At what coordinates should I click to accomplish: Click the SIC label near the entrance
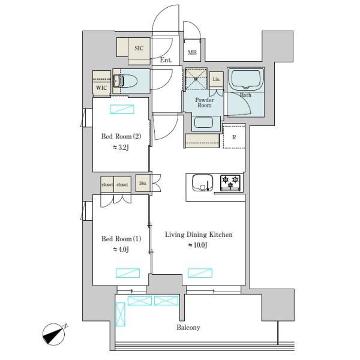point(139,47)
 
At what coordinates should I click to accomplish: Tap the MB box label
point(192,53)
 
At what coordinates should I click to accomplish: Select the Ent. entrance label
point(166,60)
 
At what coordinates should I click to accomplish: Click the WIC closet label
point(101,88)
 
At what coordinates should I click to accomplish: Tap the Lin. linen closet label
point(217,80)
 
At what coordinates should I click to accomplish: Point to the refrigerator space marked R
point(234,137)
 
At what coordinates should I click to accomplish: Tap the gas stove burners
point(230,181)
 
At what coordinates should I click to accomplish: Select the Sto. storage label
point(143,183)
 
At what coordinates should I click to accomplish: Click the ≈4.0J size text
point(120,249)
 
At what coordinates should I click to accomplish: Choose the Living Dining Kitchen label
point(199,235)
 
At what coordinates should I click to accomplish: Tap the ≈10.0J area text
point(199,245)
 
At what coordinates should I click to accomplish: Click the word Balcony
point(188,328)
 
